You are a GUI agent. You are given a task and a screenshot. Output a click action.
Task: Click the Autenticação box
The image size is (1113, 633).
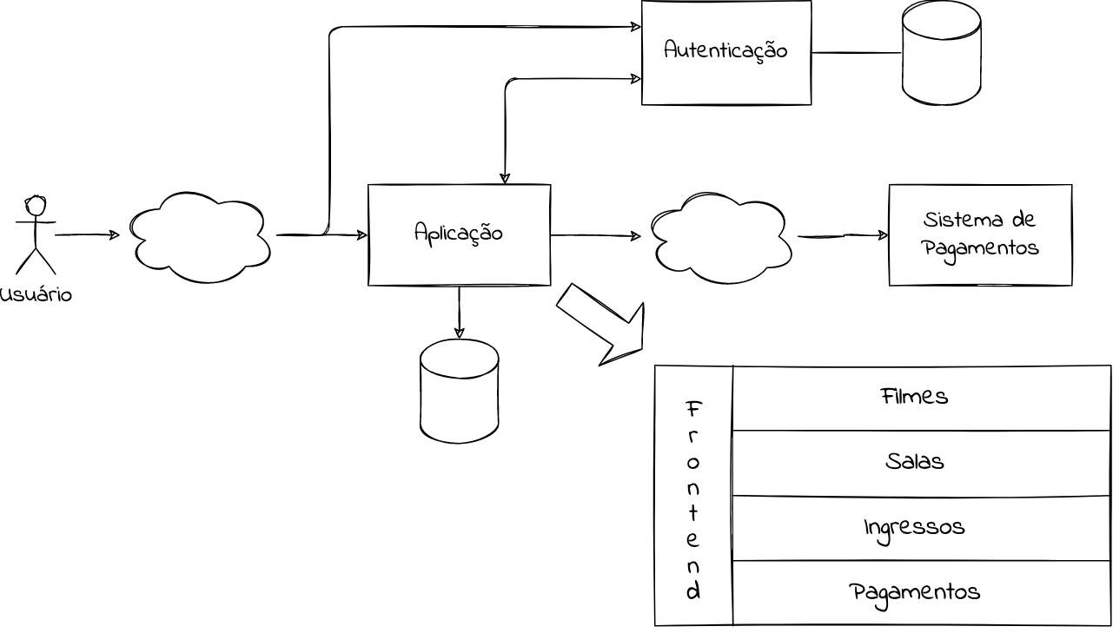click(725, 52)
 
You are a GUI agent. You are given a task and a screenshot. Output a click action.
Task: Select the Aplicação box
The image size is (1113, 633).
click(459, 234)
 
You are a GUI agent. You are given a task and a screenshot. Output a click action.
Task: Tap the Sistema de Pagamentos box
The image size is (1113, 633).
click(980, 234)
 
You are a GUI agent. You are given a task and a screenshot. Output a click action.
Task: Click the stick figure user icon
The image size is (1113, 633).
click(36, 234)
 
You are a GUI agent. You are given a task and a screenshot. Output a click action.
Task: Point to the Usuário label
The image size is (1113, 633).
click(36, 295)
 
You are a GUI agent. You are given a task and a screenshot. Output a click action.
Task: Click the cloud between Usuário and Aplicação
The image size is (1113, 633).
click(201, 236)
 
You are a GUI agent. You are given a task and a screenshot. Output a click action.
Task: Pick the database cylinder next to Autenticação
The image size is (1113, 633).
click(941, 53)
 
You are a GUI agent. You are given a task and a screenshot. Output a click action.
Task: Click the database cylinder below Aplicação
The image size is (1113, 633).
click(459, 391)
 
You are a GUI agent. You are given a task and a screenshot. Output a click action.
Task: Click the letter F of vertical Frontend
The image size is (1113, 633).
click(693, 408)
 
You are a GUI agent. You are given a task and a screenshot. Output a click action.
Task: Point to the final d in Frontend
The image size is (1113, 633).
click(693, 592)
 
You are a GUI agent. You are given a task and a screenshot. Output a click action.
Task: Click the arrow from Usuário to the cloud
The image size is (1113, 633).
click(87, 234)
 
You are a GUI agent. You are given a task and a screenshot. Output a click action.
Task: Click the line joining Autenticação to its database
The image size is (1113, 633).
click(856, 53)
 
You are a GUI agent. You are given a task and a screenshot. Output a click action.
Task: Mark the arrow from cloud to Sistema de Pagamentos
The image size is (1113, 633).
click(843, 235)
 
